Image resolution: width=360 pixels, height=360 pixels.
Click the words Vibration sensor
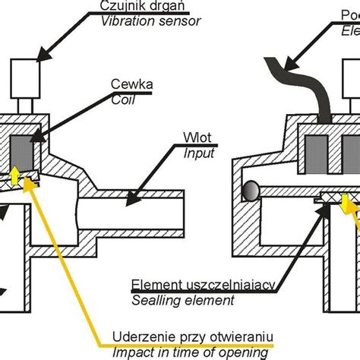point(151,21)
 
